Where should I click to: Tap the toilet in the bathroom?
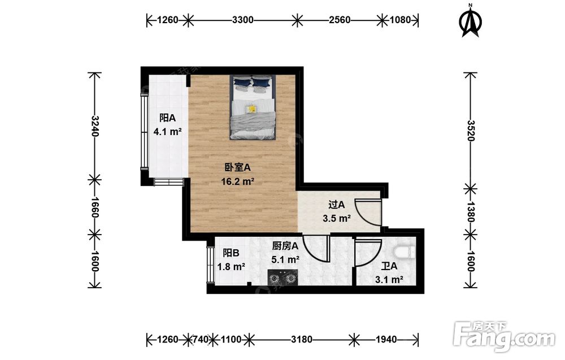click(405, 251)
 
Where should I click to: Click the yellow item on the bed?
click(251, 108)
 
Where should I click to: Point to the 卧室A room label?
click(237, 168)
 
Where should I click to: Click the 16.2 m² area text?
click(238, 181)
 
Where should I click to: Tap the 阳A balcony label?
click(167, 118)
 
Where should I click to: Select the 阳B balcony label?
click(231, 253)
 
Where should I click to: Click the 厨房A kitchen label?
click(285, 246)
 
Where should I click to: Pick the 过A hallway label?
click(337, 205)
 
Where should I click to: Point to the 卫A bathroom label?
click(389, 266)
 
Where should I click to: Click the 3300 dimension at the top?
click(243, 20)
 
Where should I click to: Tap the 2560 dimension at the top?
click(340, 20)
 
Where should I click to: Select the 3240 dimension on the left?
click(95, 126)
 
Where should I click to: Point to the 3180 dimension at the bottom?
click(302, 340)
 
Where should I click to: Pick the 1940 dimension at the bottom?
click(386, 340)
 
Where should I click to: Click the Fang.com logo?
click(505, 336)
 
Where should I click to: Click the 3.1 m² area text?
click(389, 280)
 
